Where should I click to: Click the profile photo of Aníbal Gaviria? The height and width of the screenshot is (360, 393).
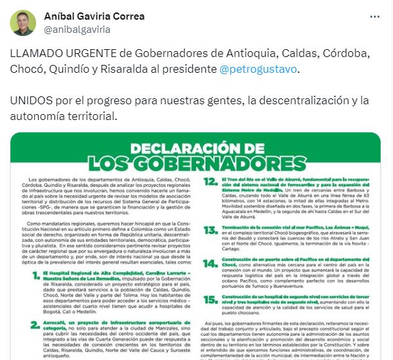tap(23, 23)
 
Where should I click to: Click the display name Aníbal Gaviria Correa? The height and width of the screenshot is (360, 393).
tap(94, 16)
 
